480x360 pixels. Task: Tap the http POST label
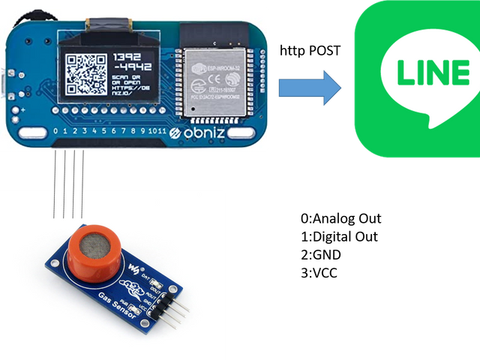coord(310,51)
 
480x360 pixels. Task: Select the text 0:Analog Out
coord(340,219)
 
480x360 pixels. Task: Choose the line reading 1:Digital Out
coord(338,237)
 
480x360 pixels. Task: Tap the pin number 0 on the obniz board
coord(55,133)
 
